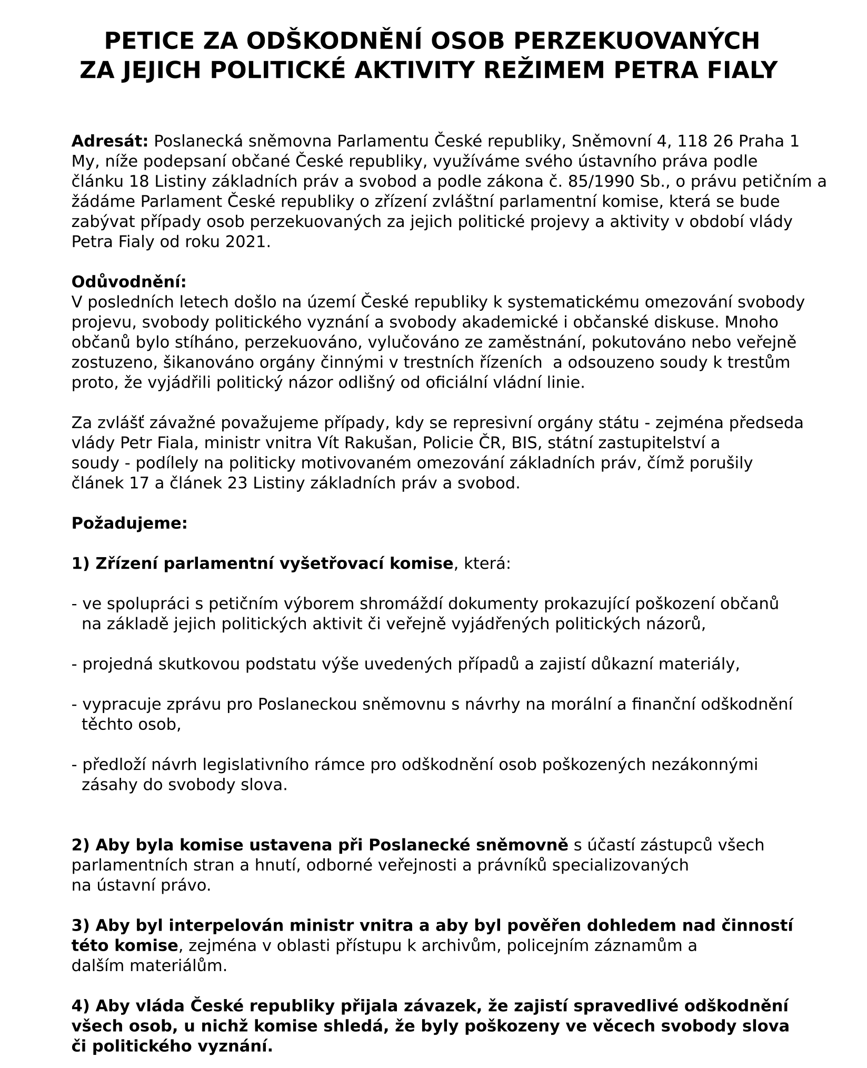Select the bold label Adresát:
[109, 141]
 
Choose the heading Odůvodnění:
[129, 282]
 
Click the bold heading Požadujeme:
[129, 523]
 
